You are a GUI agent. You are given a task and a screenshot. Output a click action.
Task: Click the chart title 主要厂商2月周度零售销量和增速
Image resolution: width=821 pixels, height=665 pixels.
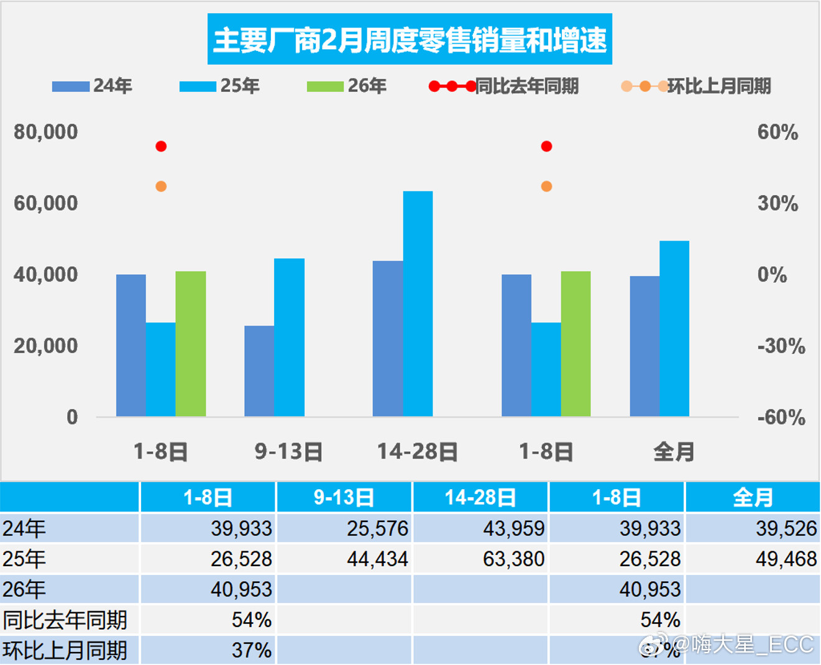410,40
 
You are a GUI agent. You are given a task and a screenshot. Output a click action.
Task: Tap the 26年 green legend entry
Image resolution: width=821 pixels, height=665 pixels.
346,86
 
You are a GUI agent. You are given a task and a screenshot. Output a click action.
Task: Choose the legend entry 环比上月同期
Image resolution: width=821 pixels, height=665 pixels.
696,86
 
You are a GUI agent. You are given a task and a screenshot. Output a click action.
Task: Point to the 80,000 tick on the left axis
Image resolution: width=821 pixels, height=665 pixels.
46,132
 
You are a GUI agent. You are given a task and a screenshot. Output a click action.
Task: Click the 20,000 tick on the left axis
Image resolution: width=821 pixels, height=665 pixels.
46,346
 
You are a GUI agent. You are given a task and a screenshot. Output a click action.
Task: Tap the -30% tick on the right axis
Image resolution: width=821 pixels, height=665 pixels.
781,346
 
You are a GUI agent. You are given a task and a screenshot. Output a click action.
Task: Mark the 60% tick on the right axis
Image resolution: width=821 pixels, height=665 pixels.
777,132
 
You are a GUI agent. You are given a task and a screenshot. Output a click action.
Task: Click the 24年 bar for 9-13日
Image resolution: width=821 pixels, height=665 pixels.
259,371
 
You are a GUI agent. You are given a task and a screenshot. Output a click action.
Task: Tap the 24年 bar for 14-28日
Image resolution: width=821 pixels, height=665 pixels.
388,338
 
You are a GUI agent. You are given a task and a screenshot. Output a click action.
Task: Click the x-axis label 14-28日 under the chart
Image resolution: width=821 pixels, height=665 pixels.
418,452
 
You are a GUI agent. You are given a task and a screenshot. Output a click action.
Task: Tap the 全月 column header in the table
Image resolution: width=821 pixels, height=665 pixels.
753,497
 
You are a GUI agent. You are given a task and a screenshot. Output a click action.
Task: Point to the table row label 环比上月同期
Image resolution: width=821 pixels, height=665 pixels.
65,650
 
